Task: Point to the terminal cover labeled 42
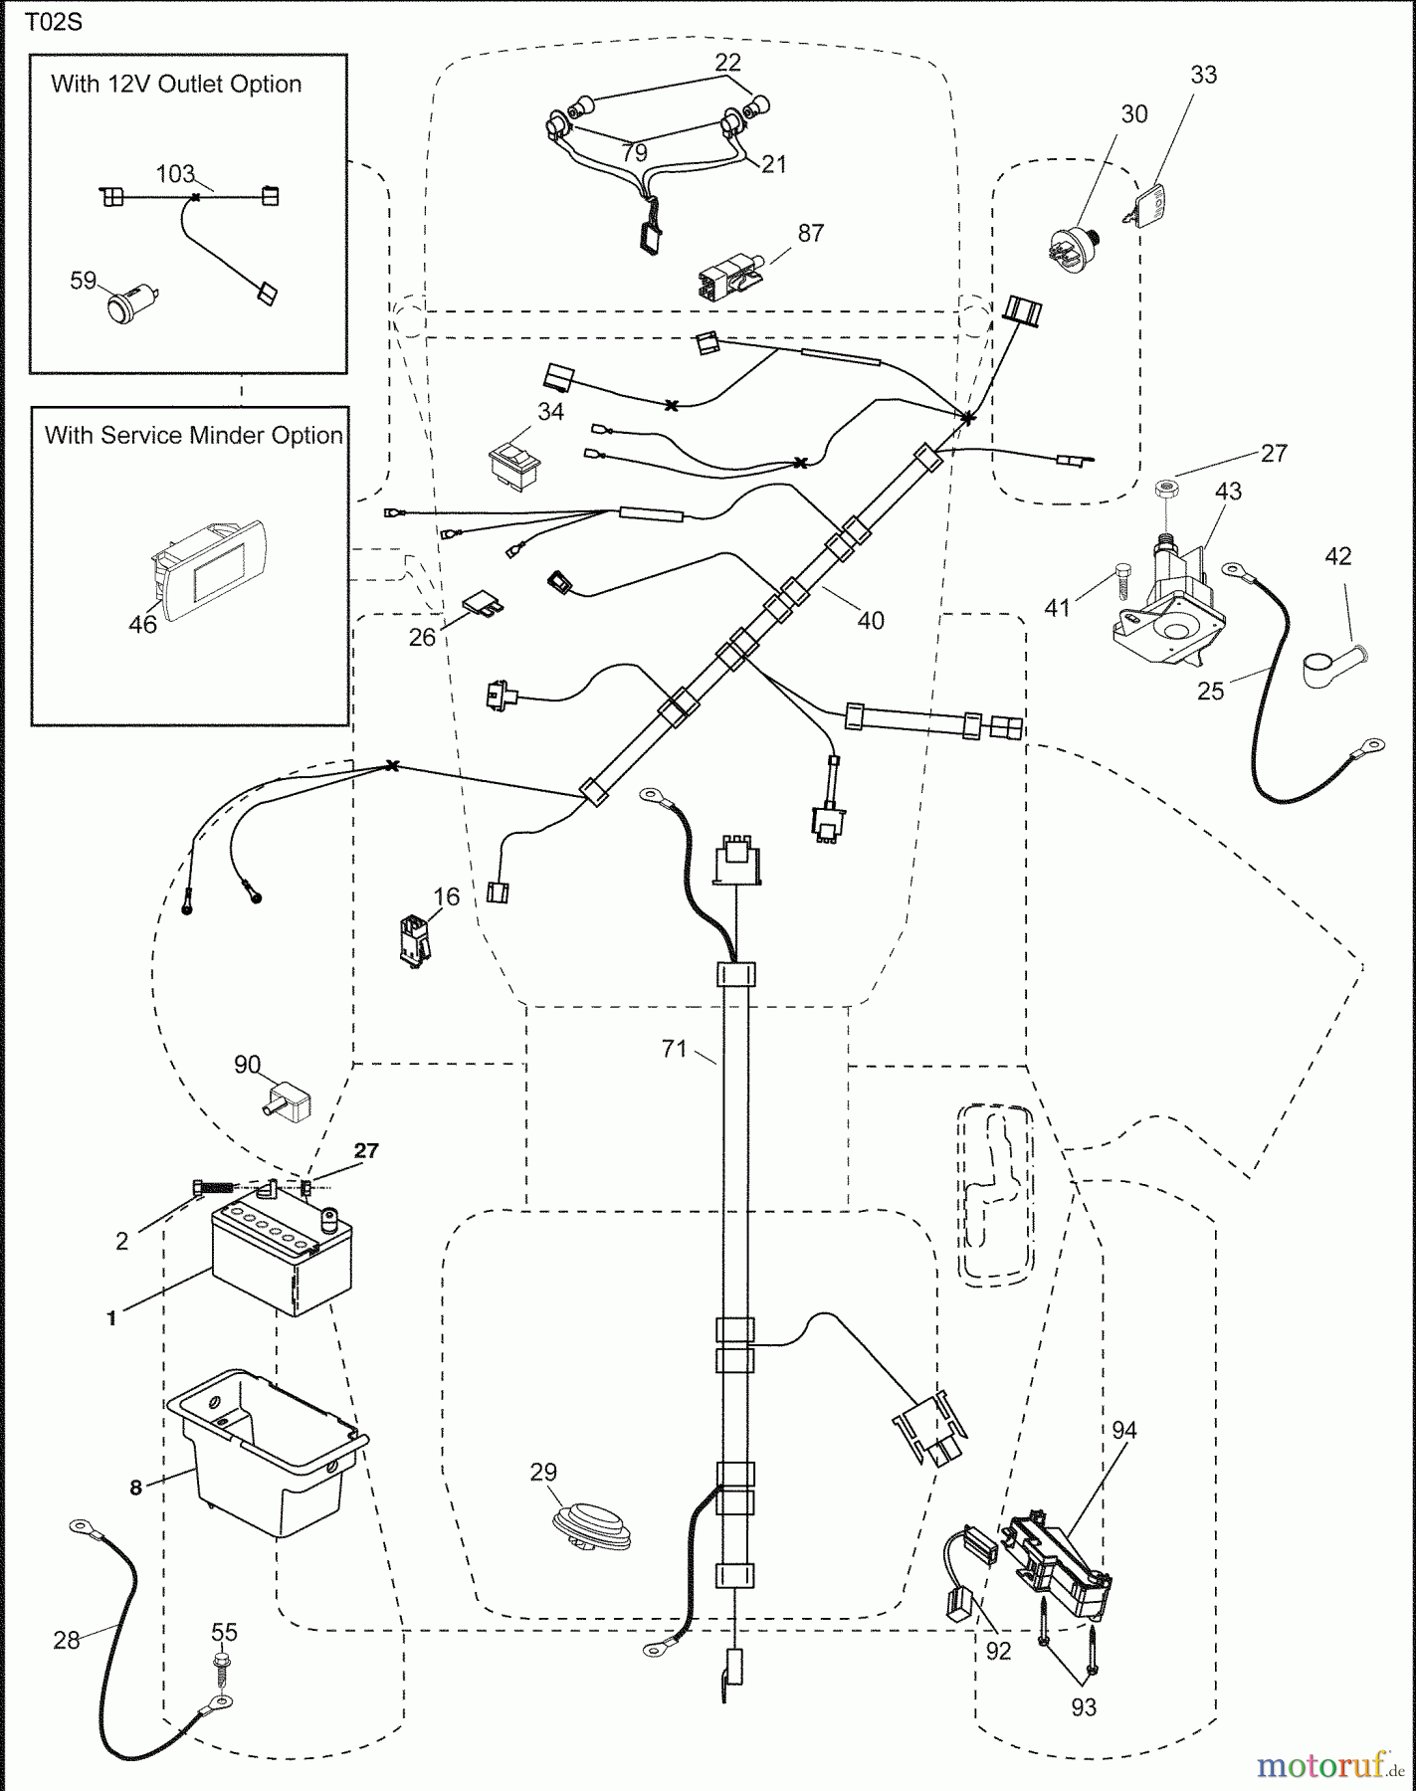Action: [1333, 664]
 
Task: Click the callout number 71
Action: [675, 1048]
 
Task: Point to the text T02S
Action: [54, 22]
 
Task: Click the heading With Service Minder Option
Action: [194, 435]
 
